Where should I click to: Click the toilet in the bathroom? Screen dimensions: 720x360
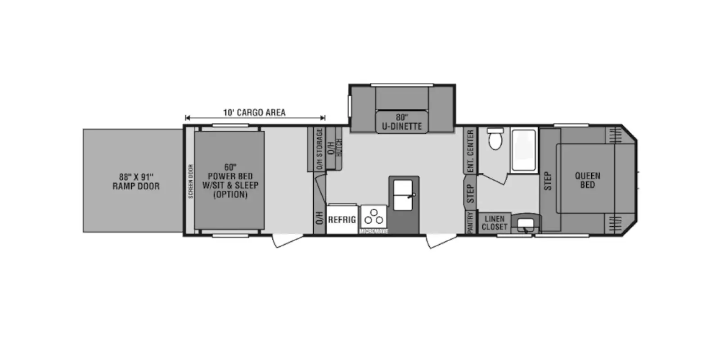tap(495, 139)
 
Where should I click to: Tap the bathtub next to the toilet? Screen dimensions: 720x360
tap(524, 150)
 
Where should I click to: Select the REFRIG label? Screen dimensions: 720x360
tap(342, 220)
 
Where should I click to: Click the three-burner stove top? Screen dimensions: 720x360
tap(373, 217)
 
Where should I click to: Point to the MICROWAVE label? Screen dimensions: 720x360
tap(373, 231)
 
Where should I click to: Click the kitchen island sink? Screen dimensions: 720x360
tap(403, 195)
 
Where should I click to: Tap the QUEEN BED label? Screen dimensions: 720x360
tap(587, 180)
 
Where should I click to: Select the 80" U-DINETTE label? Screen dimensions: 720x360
tap(402, 122)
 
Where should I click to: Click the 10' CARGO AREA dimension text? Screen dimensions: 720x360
tap(254, 113)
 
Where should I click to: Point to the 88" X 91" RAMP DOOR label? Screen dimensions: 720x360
tap(136, 182)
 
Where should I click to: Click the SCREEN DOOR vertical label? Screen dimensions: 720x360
tap(191, 181)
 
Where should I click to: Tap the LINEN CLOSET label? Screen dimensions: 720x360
tap(495, 223)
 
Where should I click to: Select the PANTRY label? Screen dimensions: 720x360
tap(470, 222)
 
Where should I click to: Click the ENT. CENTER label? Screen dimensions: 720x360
tap(471, 151)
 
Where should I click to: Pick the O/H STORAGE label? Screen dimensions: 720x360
tap(319, 149)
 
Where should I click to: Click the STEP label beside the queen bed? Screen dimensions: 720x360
tap(548, 181)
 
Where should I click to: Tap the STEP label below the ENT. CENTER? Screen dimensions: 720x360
tap(470, 193)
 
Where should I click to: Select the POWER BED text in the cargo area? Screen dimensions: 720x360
tap(230, 176)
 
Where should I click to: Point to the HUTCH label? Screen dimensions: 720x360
tap(338, 148)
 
